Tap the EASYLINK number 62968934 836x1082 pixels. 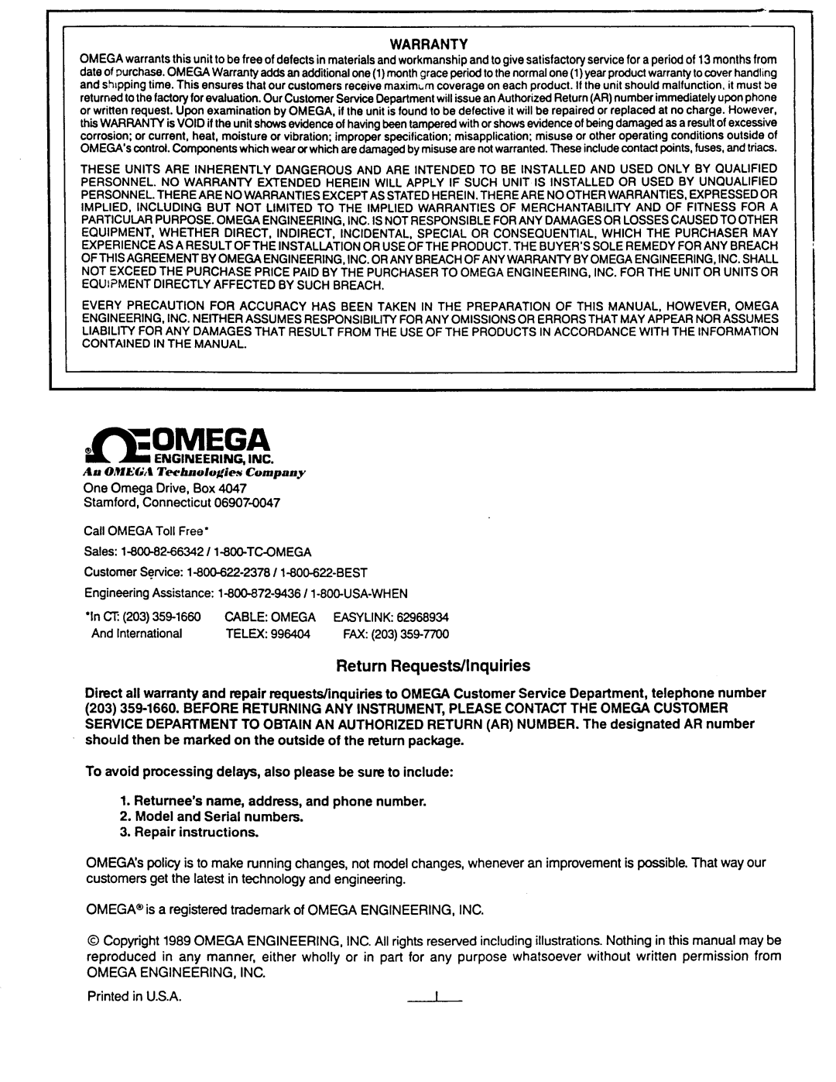(x=423, y=617)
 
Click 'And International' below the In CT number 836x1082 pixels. (x=137, y=634)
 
